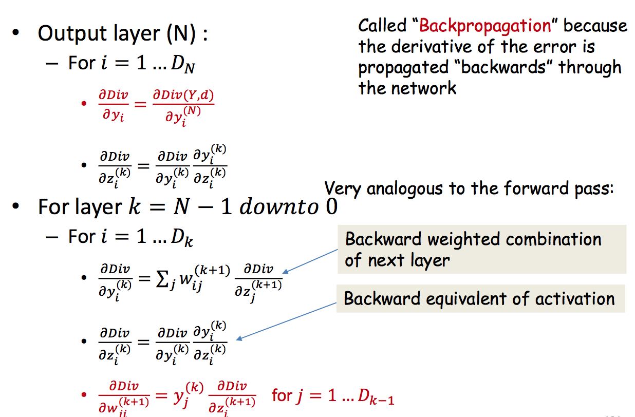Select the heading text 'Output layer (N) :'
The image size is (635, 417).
(x=123, y=34)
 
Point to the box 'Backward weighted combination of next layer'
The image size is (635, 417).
(x=482, y=249)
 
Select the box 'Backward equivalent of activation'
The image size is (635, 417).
(x=480, y=298)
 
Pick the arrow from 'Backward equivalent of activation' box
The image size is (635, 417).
(x=288, y=320)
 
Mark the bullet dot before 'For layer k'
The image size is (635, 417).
(x=16, y=207)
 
